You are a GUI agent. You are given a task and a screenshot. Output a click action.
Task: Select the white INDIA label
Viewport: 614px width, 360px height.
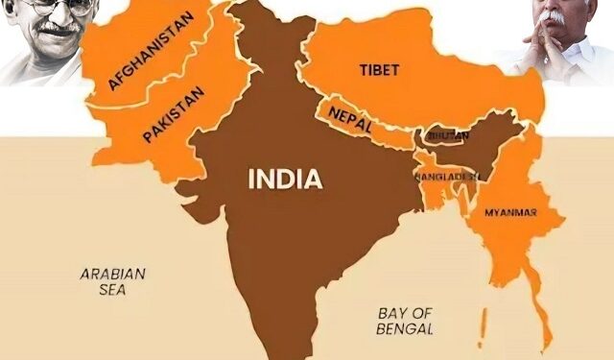coord(285,179)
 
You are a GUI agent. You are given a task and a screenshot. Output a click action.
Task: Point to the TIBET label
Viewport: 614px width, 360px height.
coord(378,70)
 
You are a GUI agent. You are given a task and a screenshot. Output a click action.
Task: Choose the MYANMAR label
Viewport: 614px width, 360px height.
coord(509,211)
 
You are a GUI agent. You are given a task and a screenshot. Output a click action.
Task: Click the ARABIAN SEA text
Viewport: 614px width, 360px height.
coord(112,281)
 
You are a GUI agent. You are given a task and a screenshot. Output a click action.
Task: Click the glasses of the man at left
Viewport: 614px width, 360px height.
coord(42,8)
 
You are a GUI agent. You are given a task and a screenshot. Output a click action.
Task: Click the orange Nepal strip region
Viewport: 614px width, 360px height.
coord(369,130)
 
